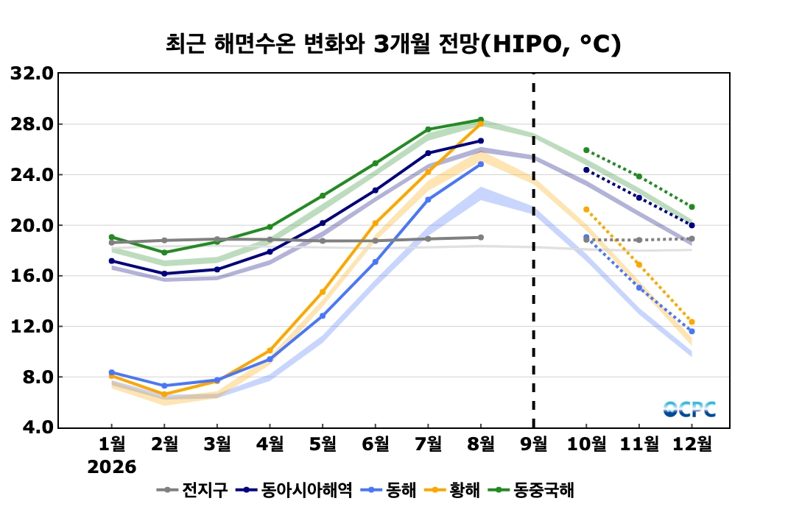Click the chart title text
(393, 44)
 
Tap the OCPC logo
(689, 409)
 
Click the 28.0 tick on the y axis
(32, 124)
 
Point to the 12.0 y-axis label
(32, 326)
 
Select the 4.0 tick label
(37, 427)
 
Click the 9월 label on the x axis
(533, 444)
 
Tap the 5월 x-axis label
(322, 444)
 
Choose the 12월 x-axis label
(692, 444)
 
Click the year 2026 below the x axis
(111, 467)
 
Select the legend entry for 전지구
(192, 489)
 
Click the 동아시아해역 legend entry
(294, 489)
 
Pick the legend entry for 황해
(452, 489)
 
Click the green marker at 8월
(481, 119)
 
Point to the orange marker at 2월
(164, 394)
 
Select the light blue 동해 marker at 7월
(428, 200)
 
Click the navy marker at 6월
(376, 191)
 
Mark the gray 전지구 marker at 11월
(639, 240)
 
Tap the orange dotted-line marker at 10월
(586, 210)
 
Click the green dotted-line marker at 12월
(692, 207)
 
